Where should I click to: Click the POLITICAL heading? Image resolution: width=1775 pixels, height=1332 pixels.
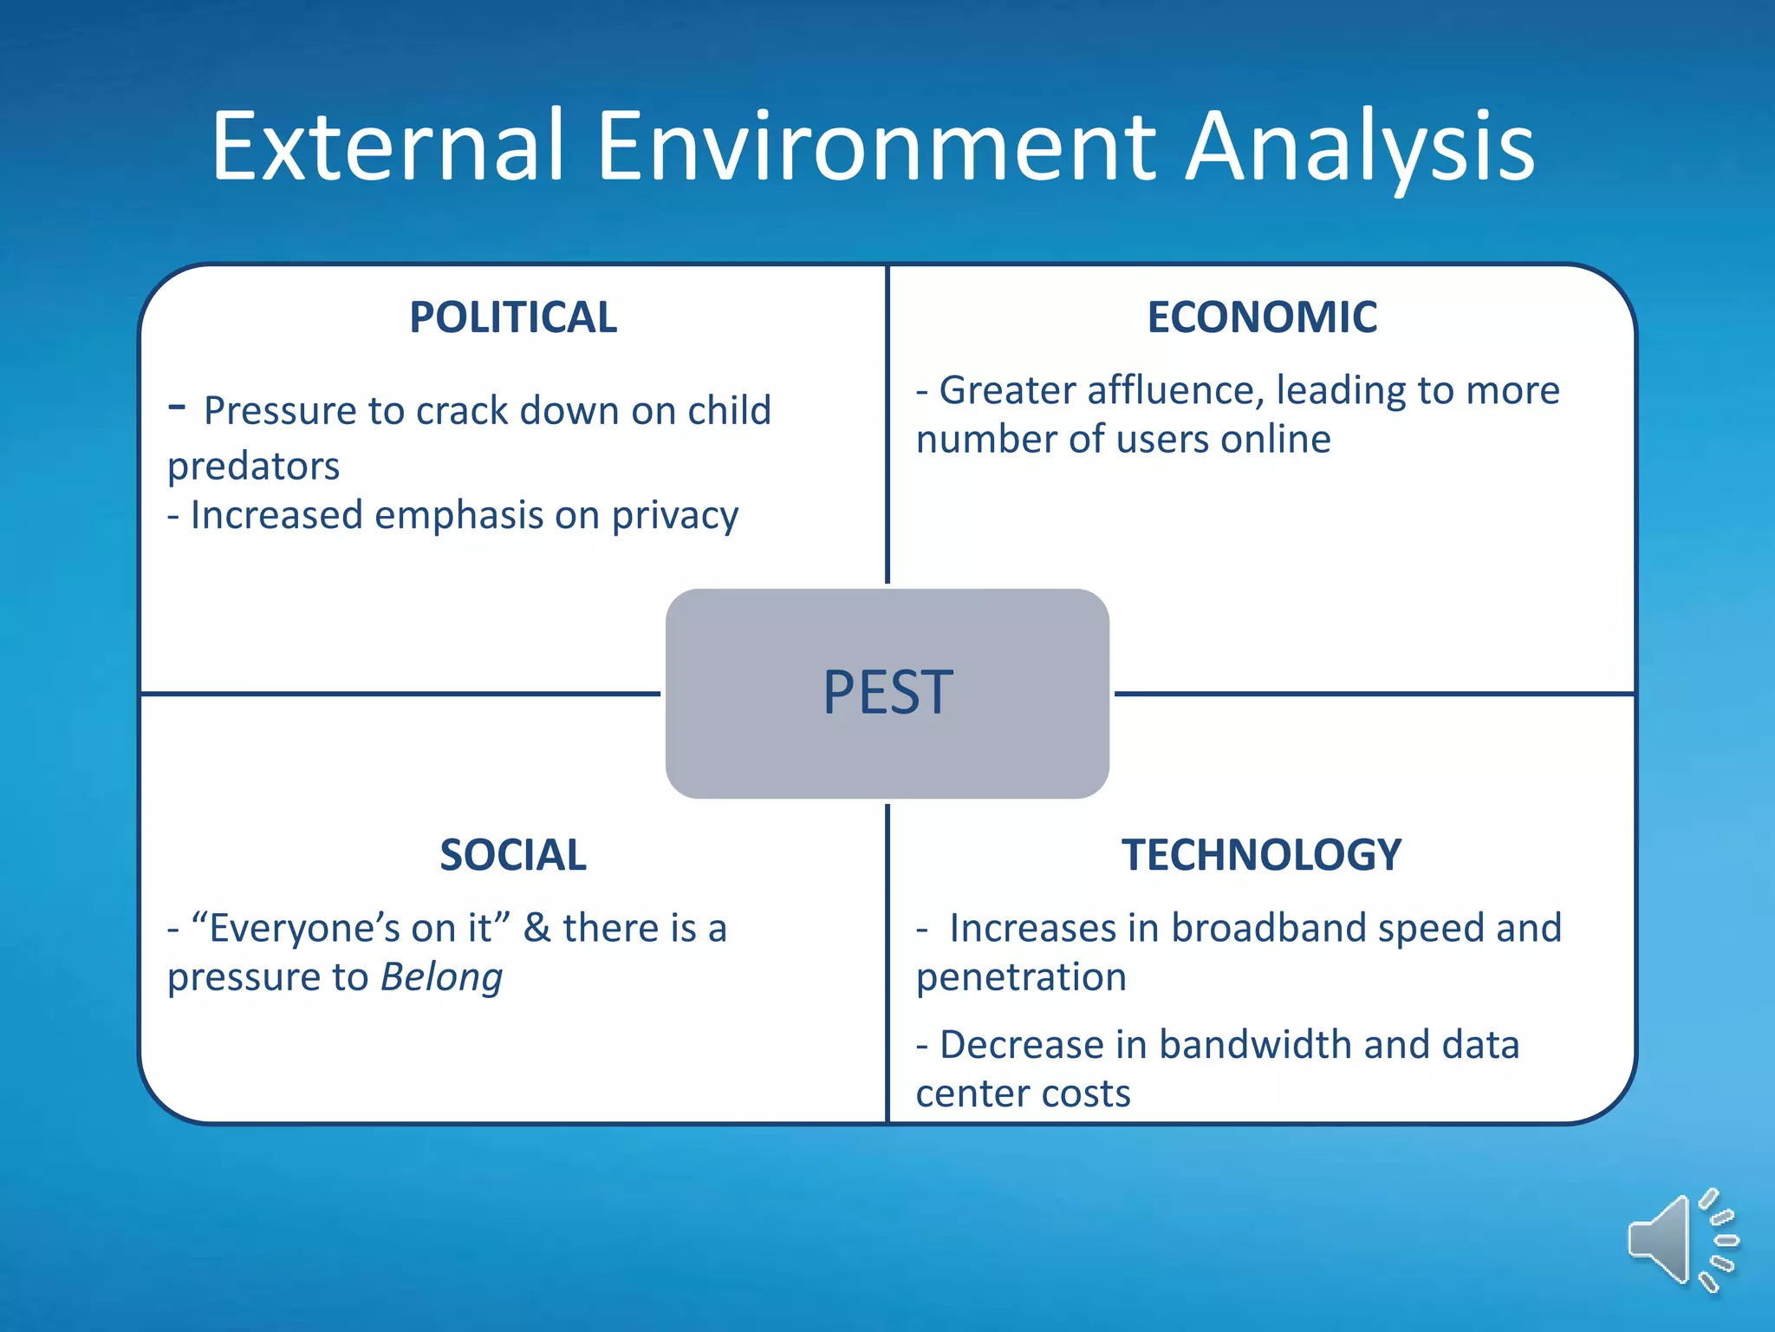513,317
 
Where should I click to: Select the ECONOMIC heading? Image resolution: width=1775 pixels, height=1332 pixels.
1262,317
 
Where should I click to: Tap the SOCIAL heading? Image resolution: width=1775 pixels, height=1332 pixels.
513,855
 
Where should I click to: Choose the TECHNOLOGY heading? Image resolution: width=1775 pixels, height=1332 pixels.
1262,855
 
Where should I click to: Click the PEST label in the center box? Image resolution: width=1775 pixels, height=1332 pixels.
887,693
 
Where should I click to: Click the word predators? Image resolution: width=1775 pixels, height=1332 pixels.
253,467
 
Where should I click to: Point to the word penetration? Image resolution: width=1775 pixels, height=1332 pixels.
1021,978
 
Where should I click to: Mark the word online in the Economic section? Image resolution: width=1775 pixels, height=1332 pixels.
1275,440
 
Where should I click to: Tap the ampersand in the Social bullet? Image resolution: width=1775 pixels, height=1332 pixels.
537,928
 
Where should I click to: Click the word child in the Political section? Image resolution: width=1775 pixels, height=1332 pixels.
729,410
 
